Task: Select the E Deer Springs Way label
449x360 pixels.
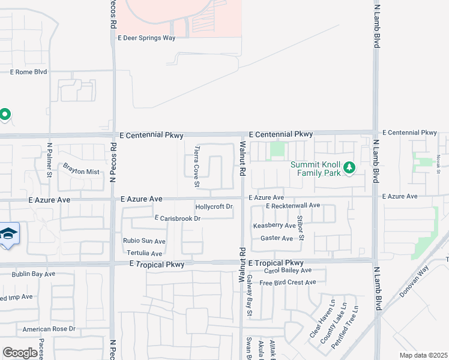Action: [x=146, y=38]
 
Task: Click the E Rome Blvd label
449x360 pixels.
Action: [x=28, y=72]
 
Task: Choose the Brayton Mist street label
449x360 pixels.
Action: [x=81, y=172]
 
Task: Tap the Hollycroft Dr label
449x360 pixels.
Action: [x=214, y=207]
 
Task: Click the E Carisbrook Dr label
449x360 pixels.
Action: [x=177, y=218]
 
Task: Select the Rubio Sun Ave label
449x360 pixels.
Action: [x=144, y=241]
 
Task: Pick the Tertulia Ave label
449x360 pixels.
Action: [x=145, y=253]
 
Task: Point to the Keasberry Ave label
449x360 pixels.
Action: [x=274, y=226]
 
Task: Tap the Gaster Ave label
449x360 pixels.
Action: [x=277, y=238]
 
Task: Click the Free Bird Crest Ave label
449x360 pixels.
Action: [x=288, y=283]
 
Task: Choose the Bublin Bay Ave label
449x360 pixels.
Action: [x=34, y=274]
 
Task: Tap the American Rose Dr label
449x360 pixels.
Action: [x=49, y=329]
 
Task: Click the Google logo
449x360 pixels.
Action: [x=20, y=353]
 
